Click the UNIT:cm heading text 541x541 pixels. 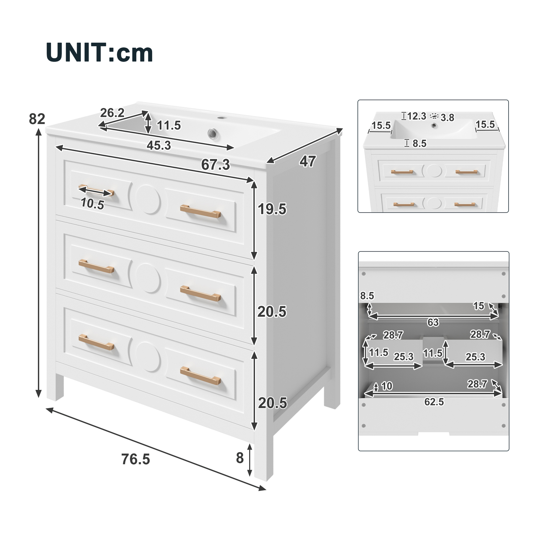click(99, 53)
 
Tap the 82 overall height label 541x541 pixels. click(37, 119)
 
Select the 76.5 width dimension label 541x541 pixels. click(136, 459)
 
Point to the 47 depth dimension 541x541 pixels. click(308, 161)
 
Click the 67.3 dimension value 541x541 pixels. click(215, 165)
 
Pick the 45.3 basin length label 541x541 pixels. click(159, 145)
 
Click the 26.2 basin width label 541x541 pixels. click(112, 113)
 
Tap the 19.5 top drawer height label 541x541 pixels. click(272, 209)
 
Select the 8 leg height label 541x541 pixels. click(240, 458)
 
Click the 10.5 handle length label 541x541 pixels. click(92, 204)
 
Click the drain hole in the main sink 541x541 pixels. click(213, 134)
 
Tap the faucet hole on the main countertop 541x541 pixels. click(222, 118)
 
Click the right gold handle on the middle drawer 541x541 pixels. click(201, 293)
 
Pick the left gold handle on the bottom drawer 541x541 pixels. click(96, 342)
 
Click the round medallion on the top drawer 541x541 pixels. click(148, 199)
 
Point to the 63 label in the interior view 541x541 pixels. click(433, 322)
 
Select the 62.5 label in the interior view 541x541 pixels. click(434, 402)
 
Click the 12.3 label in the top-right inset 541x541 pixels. click(417, 116)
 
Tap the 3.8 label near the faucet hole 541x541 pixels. click(447, 118)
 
